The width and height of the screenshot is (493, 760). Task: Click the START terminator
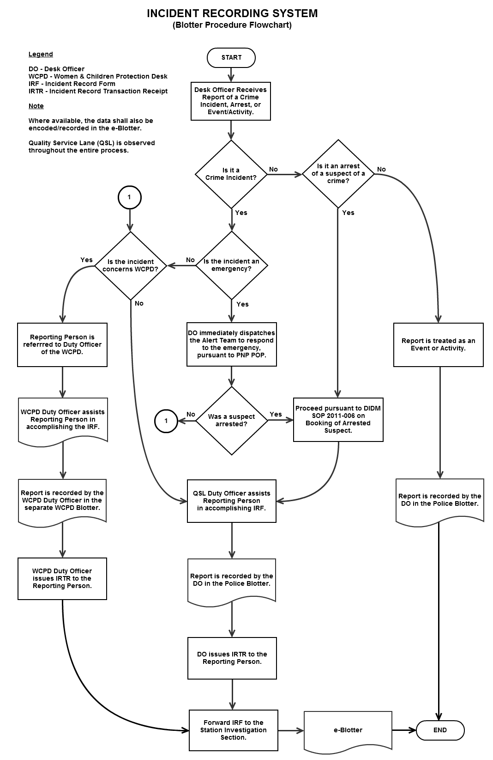pyautogui.click(x=231, y=58)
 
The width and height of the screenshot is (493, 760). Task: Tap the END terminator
pyautogui.click(x=440, y=730)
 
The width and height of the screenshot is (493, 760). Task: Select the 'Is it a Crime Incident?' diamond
pyautogui.click(x=231, y=174)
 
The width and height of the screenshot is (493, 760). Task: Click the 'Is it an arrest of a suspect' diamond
pyautogui.click(x=338, y=174)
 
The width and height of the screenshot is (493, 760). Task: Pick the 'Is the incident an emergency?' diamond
pyautogui.click(x=231, y=265)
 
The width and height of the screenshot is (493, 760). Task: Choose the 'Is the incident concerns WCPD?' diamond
pyautogui.click(x=131, y=266)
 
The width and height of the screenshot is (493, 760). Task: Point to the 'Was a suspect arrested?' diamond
pyautogui.click(x=232, y=421)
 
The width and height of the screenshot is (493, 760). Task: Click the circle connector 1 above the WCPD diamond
pyautogui.click(x=129, y=197)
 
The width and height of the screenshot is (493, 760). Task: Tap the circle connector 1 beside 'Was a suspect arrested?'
pyautogui.click(x=166, y=421)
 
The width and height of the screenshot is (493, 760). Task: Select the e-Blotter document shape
pyautogui.click(x=348, y=730)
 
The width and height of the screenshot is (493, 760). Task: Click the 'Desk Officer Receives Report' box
pyautogui.click(x=231, y=101)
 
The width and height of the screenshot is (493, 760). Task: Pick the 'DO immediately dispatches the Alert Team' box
pyautogui.click(x=232, y=344)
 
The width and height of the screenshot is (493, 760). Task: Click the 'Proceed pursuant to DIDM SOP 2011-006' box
pyautogui.click(x=338, y=419)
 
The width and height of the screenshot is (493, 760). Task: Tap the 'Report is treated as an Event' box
pyautogui.click(x=438, y=345)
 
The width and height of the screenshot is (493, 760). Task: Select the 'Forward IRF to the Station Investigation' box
pyautogui.click(x=234, y=730)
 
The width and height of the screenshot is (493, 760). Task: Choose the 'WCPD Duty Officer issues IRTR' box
pyautogui.click(x=62, y=579)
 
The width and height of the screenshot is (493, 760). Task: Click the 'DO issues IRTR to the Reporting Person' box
pyautogui.click(x=232, y=658)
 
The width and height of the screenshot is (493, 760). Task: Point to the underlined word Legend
pyautogui.click(x=41, y=54)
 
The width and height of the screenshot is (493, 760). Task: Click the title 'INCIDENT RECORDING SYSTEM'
pyautogui.click(x=232, y=13)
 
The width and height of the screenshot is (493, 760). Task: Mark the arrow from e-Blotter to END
pyautogui.click(x=404, y=730)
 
